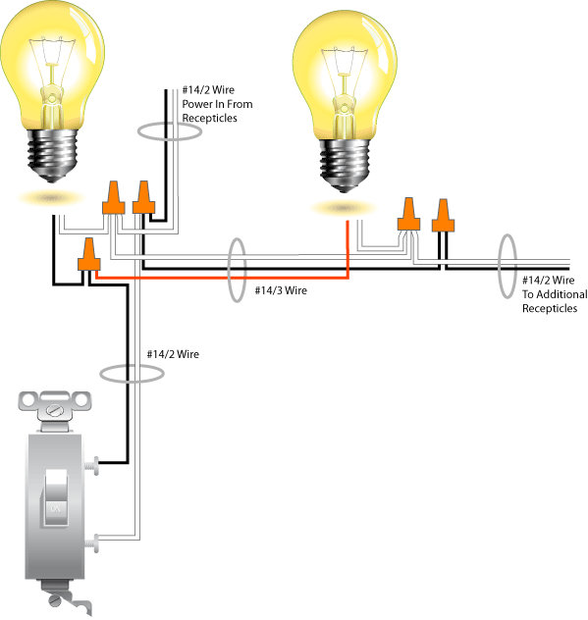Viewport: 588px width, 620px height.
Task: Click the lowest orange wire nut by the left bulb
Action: [90, 256]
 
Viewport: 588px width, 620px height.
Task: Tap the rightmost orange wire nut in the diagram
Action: [444, 213]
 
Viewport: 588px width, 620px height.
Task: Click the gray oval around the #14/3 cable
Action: [236, 271]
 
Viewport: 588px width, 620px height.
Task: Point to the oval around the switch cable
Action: [132, 373]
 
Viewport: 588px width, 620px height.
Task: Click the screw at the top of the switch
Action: [55, 401]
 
